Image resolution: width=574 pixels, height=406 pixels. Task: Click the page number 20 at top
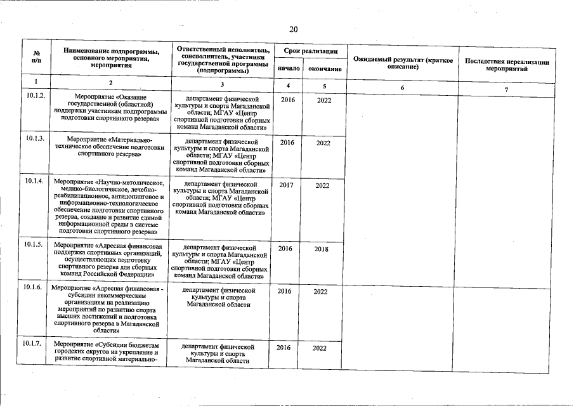click(293, 29)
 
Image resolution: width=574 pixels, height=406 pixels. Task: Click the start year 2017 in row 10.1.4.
click(286, 185)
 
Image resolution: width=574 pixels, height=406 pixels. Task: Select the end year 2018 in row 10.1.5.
click(322, 249)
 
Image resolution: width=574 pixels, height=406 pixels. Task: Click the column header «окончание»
click(323, 68)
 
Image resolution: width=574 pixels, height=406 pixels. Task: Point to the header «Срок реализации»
click(306, 50)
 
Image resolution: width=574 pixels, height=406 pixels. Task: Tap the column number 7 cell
click(506, 88)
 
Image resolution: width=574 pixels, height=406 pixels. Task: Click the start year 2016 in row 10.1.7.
click(284, 348)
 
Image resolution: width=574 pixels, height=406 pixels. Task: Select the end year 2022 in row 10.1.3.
click(323, 143)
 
